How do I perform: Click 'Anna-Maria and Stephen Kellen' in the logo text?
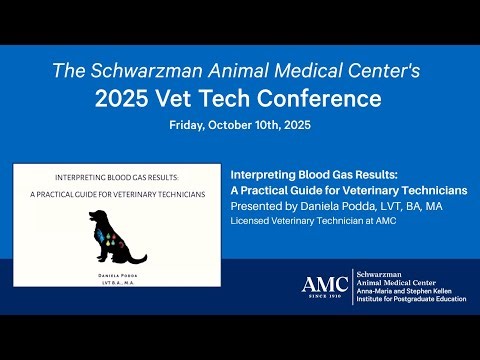coord(411,290)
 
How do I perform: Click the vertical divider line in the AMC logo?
coord(351,286)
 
